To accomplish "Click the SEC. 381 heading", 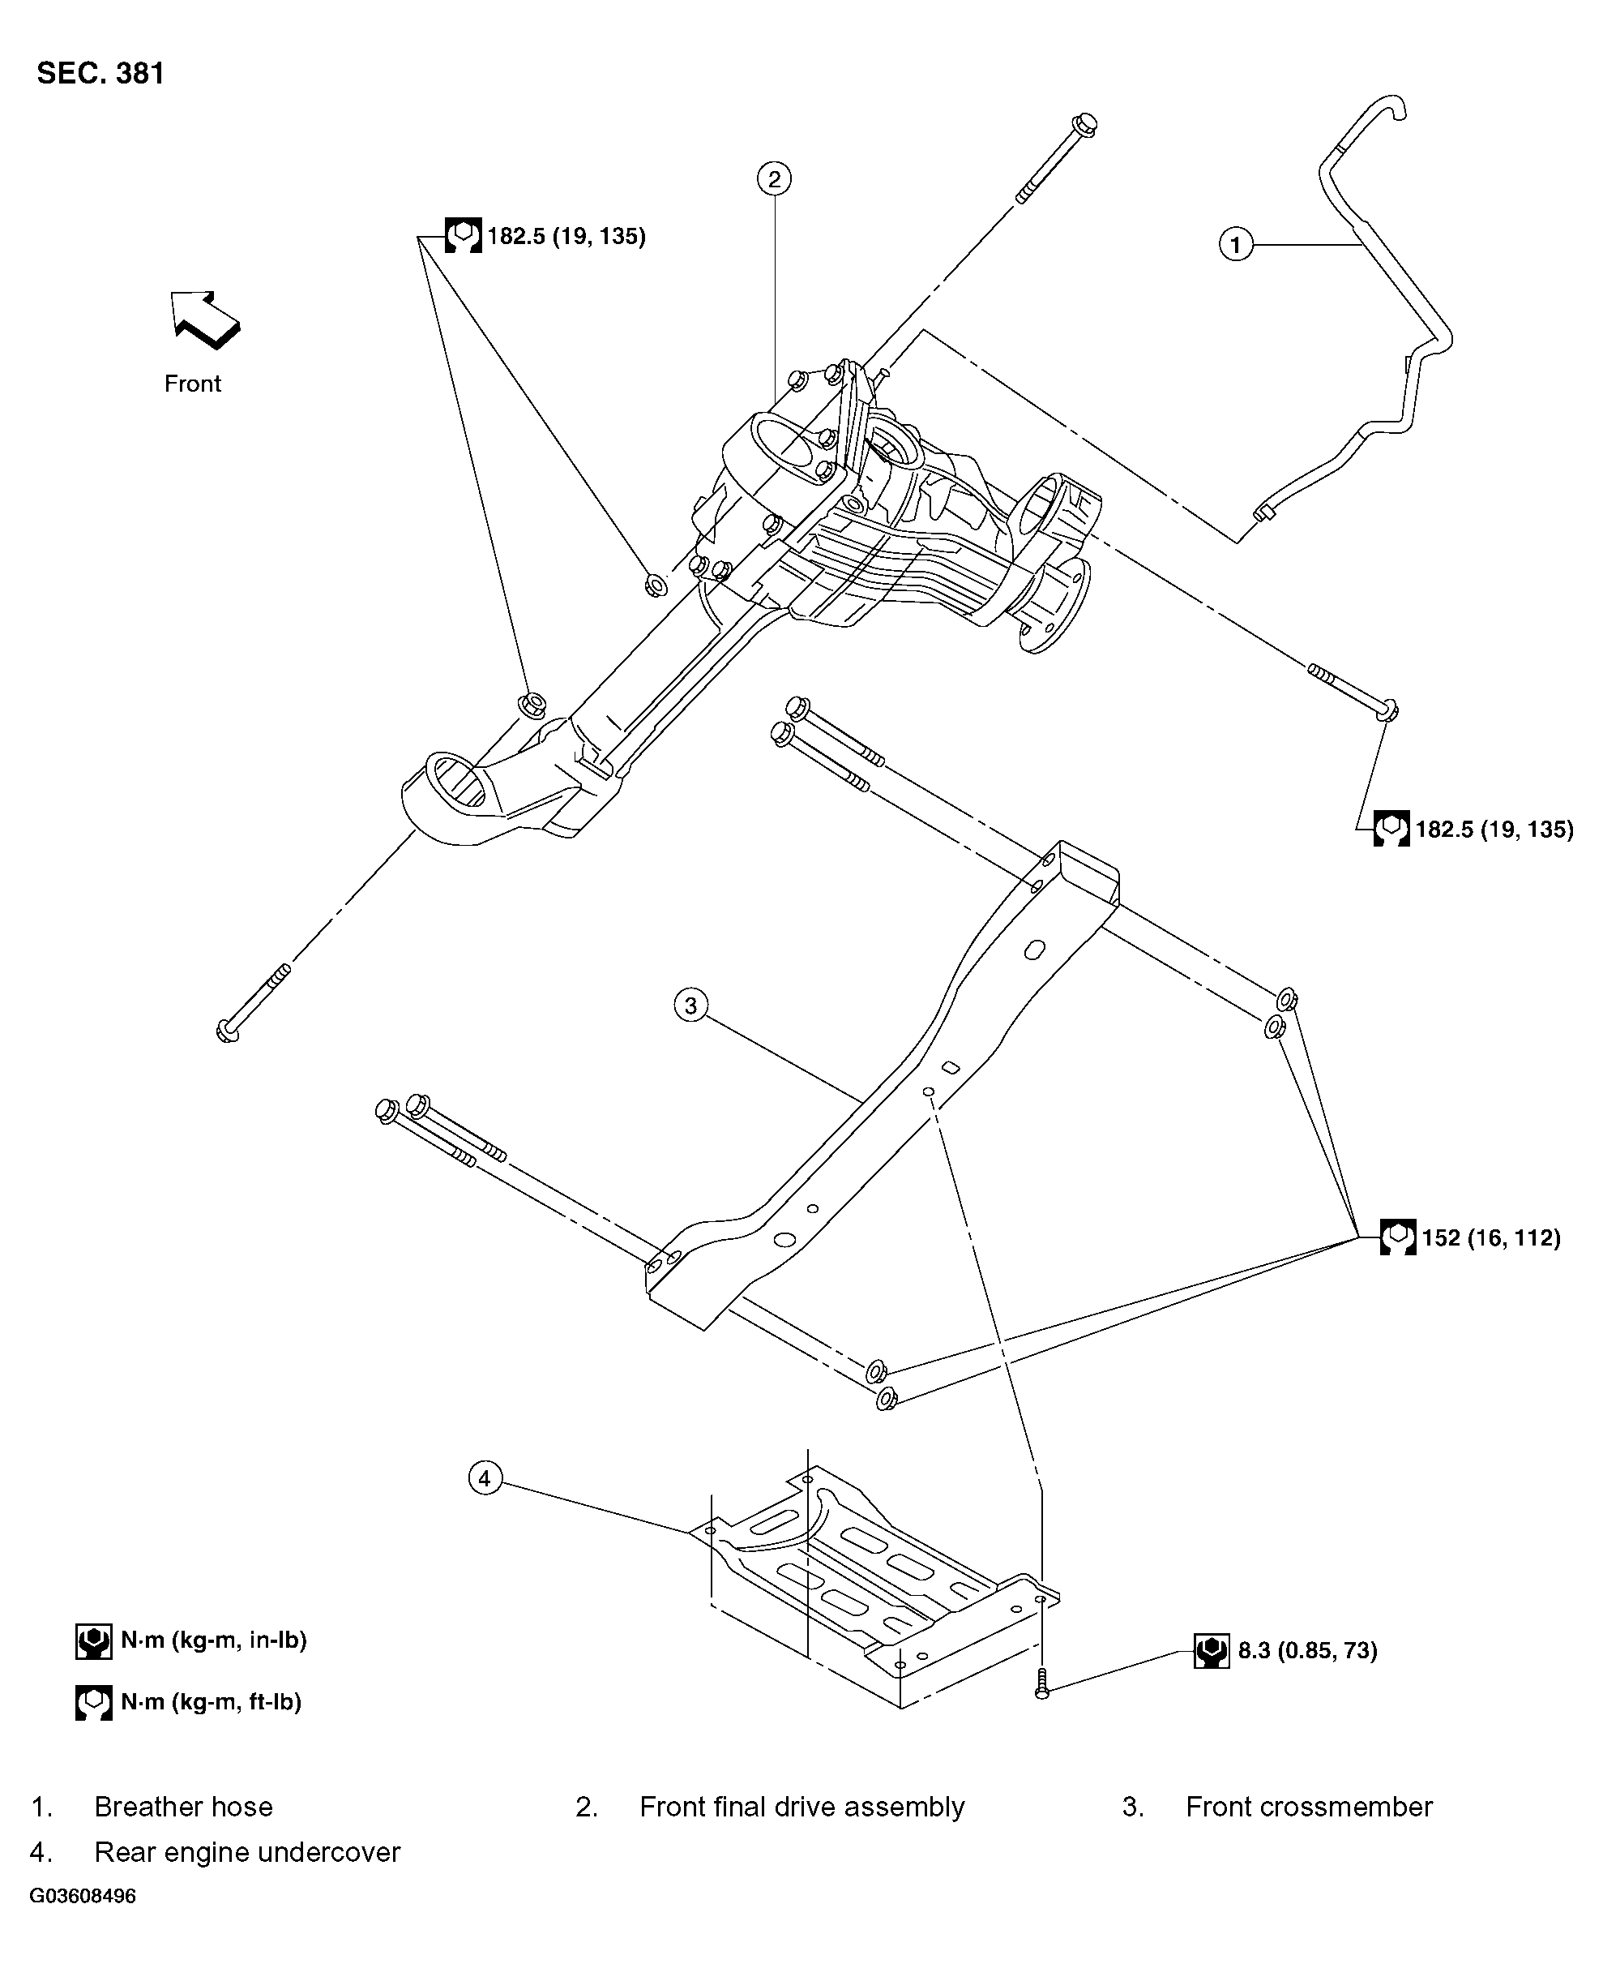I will (x=100, y=74).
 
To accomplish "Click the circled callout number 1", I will (x=1236, y=245).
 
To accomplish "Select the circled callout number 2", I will (x=774, y=178).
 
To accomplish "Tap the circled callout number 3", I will (x=690, y=1004).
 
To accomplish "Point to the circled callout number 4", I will (x=485, y=1478).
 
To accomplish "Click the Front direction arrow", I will (x=205, y=319).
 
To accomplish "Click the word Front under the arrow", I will (x=192, y=384).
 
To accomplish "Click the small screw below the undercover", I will (x=1042, y=1684).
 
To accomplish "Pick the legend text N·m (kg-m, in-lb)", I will (x=213, y=1640).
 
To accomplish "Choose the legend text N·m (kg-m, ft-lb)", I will (x=211, y=1701).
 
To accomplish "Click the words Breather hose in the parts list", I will (x=183, y=1807).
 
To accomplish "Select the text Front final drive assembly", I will (x=801, y=1807).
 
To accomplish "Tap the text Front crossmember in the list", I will (x=1309, y=1807).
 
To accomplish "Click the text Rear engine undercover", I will (x=246, y=1852).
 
